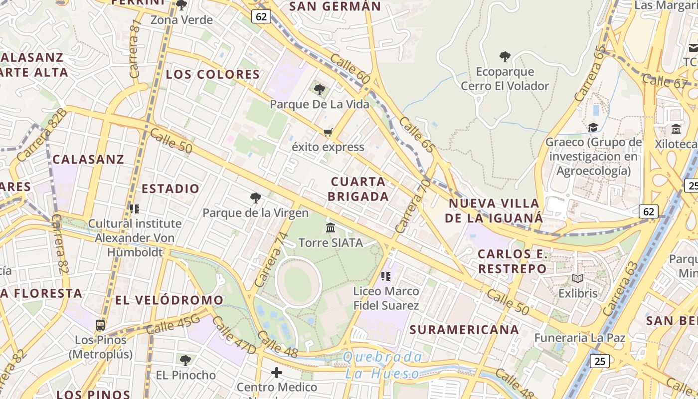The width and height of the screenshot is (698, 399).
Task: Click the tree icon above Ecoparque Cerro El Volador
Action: coord(505,57)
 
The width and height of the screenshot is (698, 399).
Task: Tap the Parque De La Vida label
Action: coord(320,104)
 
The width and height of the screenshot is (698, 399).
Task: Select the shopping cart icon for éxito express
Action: coord(328,133)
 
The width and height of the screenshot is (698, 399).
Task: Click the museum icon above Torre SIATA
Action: coord(330,228)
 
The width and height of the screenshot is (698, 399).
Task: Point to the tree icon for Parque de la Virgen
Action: coord(256,198)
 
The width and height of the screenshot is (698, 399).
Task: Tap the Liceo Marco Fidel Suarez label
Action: coord(386,298)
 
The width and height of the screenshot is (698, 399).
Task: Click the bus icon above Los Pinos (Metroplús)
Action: coord(100,325)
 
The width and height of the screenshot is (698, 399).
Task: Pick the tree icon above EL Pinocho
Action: coord(185,360)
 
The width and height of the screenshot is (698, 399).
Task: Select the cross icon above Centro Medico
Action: coord(277,373)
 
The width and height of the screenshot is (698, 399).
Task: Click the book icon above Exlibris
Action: coord(578,278)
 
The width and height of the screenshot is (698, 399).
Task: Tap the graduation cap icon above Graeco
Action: coord(593,128)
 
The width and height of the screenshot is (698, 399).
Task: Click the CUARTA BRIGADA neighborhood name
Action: coord(358,189)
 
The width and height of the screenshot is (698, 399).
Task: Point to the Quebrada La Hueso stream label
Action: coord(382,365)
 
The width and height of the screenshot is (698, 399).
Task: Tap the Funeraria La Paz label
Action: coord(579,338)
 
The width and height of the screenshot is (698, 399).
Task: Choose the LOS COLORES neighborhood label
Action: coord(213,75)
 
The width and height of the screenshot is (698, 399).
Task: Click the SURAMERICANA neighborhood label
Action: coord(464,330)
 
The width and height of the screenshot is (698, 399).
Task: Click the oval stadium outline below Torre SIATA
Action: coord(299,283)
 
